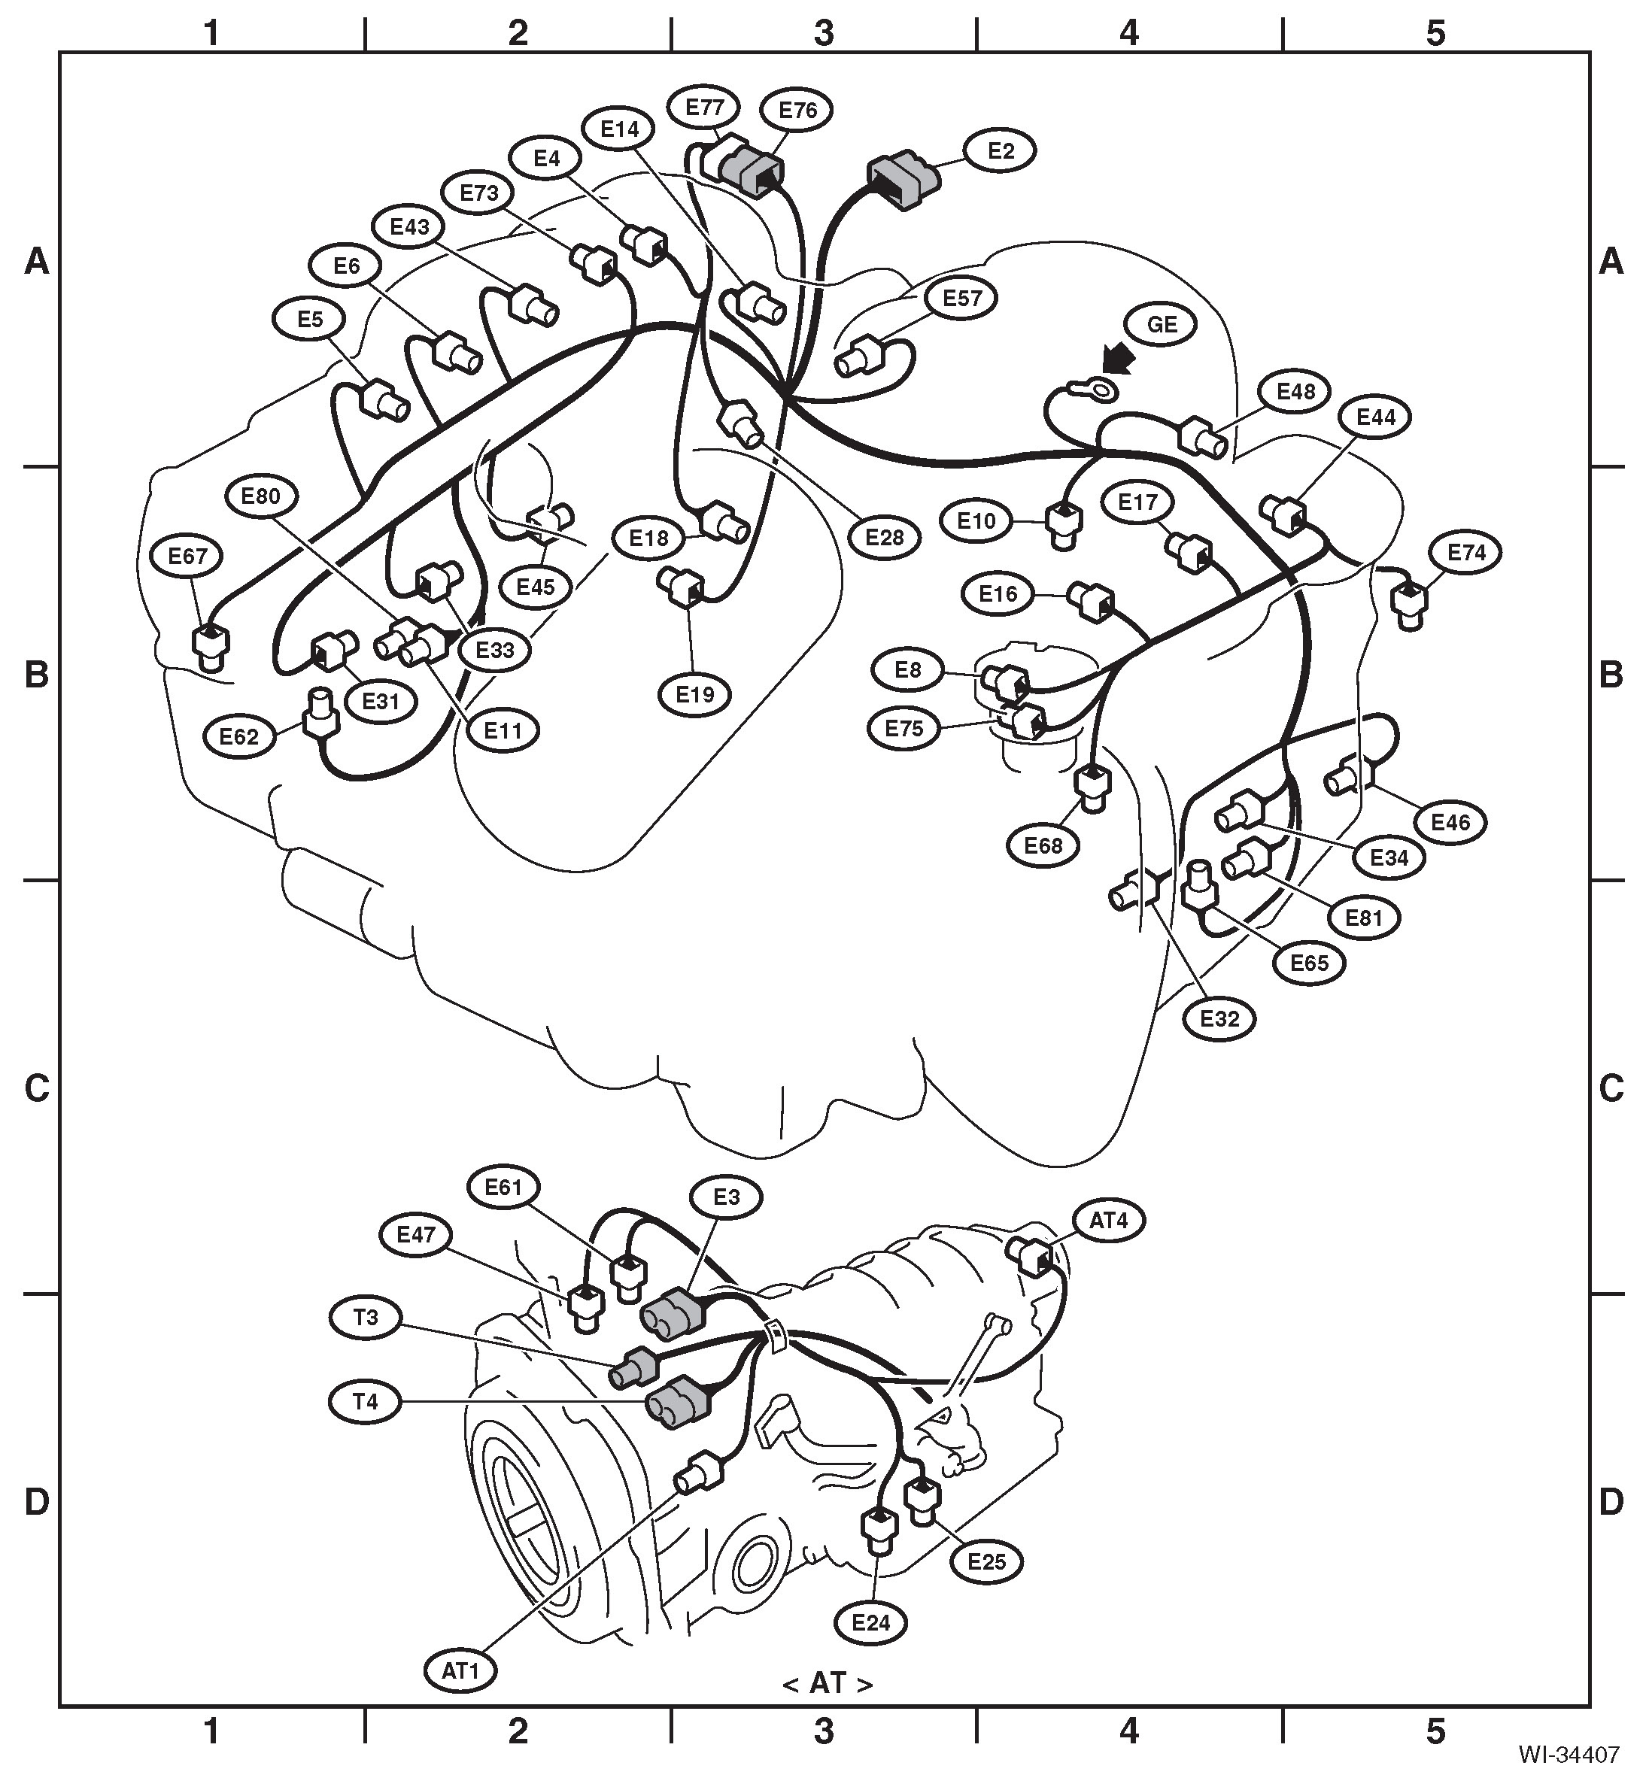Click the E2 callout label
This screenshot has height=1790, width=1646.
pyautogui.click(x=1001, y=151)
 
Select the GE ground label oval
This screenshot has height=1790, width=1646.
pyautogui.click(x=1162, y=325)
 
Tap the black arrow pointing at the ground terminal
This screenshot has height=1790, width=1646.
pyautogui.click(x=1119, y=361)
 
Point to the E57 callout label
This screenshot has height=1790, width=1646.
pyautogui.click(x=961, y=299)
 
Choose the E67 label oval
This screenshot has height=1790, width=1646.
pyautogui.click(x=187, y=557)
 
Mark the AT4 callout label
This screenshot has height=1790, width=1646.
pyautogui.click(x=1108, y=1221)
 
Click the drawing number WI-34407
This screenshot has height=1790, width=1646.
pyautogui.click(x=1569, y=1755)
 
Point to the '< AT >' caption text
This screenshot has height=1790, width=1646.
pyautogui.click(x=827, y=1683)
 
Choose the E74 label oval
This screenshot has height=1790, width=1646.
pyautogui.click(x=1466, y=553)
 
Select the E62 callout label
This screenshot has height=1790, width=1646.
pyautogui.click(x=238, y=737)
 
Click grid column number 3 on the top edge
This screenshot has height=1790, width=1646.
pyautogui.click(x=823, y=33)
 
